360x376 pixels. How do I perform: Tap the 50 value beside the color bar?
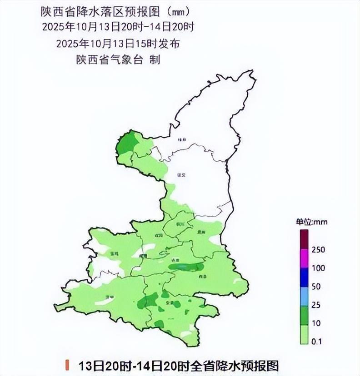click(316, 287)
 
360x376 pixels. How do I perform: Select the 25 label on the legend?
click(316, 305)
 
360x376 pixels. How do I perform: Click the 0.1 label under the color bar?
click(317, 341)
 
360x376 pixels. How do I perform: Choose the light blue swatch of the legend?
click(304, 296)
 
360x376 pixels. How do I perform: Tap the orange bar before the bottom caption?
click(67, 365)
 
